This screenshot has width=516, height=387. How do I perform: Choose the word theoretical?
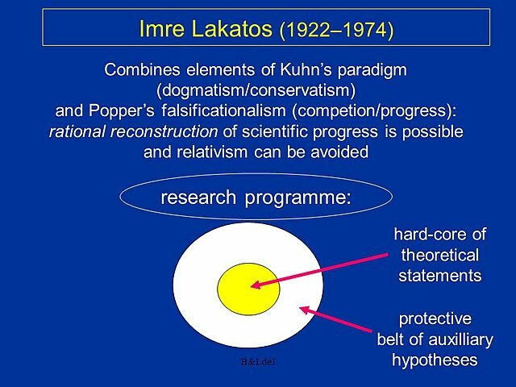(440, 256)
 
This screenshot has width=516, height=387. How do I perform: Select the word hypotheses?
(435, 360)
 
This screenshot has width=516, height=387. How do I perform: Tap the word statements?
(440, 276)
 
